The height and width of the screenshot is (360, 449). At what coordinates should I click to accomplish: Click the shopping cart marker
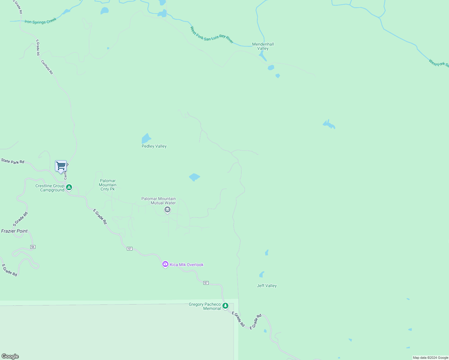[61, 166]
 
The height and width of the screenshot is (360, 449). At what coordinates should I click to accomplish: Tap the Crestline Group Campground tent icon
[69, 187]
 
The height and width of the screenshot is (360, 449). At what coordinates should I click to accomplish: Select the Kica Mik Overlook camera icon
[165, 264]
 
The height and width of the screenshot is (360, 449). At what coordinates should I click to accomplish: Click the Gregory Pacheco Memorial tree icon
[225, 306]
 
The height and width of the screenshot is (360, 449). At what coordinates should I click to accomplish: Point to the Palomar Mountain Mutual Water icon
[167, 209]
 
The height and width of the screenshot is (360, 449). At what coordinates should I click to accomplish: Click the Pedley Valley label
[154, 146]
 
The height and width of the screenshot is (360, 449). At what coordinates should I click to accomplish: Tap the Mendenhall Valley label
[263, 46]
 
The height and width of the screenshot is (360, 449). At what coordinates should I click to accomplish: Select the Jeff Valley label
[267, 286]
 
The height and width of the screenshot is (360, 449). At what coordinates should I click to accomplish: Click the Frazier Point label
[14, 231]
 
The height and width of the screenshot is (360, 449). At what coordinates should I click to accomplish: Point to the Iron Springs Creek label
[41, 21]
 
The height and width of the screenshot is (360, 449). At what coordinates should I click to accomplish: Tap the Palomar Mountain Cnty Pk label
[108, 185]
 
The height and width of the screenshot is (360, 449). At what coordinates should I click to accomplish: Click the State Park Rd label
[13, 161]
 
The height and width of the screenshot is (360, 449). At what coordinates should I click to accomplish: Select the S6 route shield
[33, 247]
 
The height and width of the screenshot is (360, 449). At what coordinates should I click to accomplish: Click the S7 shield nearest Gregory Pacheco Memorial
[206, 283]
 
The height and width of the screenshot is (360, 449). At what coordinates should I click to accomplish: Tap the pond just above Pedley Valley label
[146, 138]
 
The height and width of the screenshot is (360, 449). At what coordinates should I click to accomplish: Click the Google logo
[10, 356]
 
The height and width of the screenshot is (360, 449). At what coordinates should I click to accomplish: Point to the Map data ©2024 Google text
[430, 358]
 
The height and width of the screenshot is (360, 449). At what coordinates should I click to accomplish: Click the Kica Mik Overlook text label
[187, 265]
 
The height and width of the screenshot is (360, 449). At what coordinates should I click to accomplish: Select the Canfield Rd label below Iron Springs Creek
[47, 67]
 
